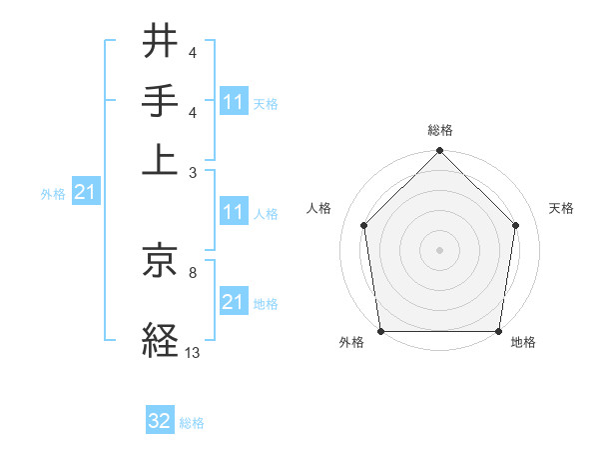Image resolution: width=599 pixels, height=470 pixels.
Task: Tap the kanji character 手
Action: point(160,101)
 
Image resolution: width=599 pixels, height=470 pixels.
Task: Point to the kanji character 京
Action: point(160,262)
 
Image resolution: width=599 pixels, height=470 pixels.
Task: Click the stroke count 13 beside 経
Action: point(192,352)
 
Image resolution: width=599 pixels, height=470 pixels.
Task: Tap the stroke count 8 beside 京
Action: point(192,271)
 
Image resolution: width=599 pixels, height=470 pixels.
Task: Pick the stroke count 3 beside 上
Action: point(192,172)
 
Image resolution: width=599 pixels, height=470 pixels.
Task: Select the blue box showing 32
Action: point(160,421)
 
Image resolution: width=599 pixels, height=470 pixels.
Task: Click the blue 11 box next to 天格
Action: point(233,102)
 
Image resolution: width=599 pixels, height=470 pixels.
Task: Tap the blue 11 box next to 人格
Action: point(233,212)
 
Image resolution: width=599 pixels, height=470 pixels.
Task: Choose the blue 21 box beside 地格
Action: point(233,302)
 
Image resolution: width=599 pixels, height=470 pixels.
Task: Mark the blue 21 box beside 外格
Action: point(85,193)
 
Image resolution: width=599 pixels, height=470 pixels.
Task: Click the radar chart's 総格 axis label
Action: point(439,130)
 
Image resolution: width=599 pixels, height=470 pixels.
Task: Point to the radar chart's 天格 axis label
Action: point(561,208)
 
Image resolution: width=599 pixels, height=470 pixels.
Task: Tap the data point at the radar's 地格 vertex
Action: point(498,331)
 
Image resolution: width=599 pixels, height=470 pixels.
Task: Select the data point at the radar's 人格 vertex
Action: point(363,225)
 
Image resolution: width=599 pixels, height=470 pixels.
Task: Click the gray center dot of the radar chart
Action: point(439,250)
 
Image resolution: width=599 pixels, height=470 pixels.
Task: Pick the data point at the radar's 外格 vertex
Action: point(380,331)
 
